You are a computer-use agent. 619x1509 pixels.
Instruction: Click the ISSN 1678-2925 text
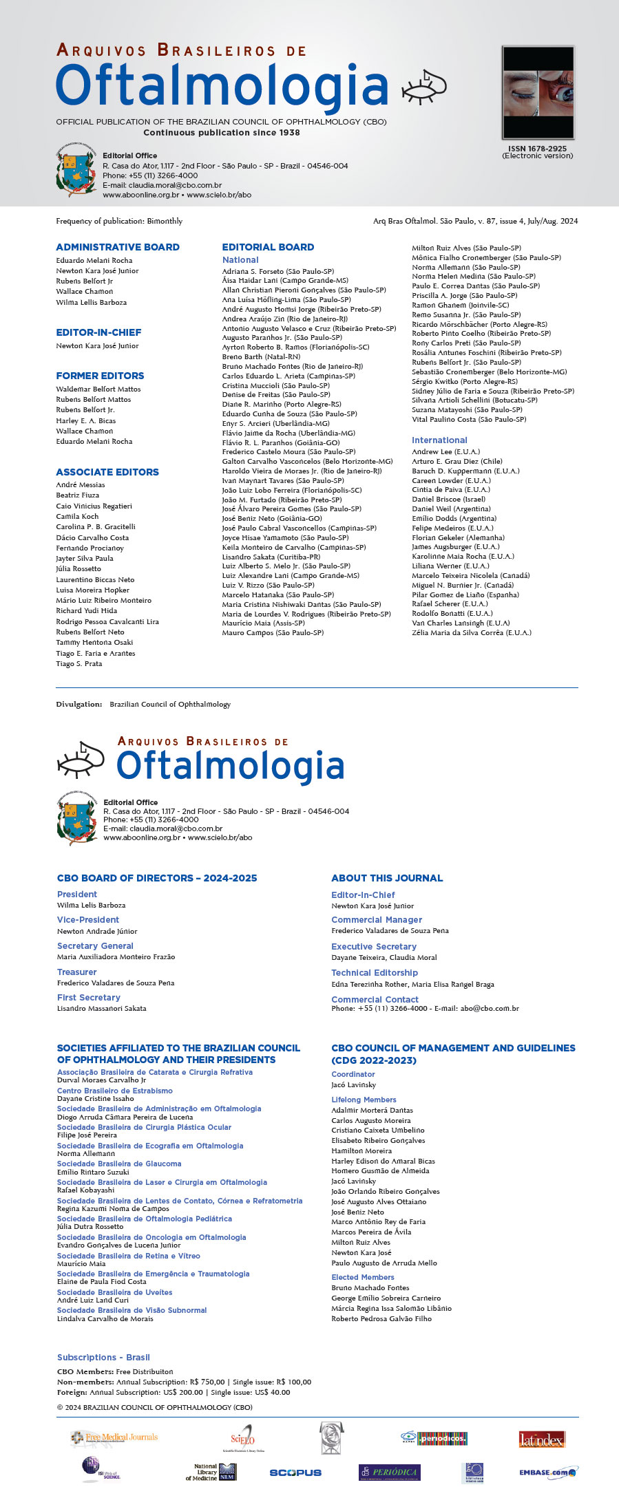(537, 149)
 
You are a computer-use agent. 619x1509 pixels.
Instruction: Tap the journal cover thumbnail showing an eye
(538, 92)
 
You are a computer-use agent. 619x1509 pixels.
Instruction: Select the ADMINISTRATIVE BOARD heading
(118, 247)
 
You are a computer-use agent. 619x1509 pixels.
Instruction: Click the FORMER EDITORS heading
(100, 376)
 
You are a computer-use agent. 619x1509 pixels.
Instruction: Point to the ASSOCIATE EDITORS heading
(107, 472)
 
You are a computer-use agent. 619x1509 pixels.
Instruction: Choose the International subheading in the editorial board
(439, 440)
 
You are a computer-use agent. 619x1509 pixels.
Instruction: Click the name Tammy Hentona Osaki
(94, 643)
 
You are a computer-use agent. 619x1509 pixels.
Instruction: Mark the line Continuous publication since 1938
(222, 133)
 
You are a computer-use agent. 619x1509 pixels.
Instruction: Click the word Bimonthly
(165, 222)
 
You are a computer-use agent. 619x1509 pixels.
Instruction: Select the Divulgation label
(78, 705)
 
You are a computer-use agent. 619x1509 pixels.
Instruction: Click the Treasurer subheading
(76, 972)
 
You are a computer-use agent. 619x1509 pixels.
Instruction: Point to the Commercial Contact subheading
(375, 1000)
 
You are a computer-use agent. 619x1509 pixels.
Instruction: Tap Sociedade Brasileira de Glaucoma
(119, 1164)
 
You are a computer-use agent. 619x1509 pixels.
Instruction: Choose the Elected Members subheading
(362, 1277)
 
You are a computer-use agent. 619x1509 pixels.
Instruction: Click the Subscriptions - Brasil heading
(103, 1358)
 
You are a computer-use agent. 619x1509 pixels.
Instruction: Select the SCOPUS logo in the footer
(295, 1473)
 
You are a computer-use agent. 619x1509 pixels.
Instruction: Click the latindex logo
(541, 1439)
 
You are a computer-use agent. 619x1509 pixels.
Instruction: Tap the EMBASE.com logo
(547, 1473)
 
